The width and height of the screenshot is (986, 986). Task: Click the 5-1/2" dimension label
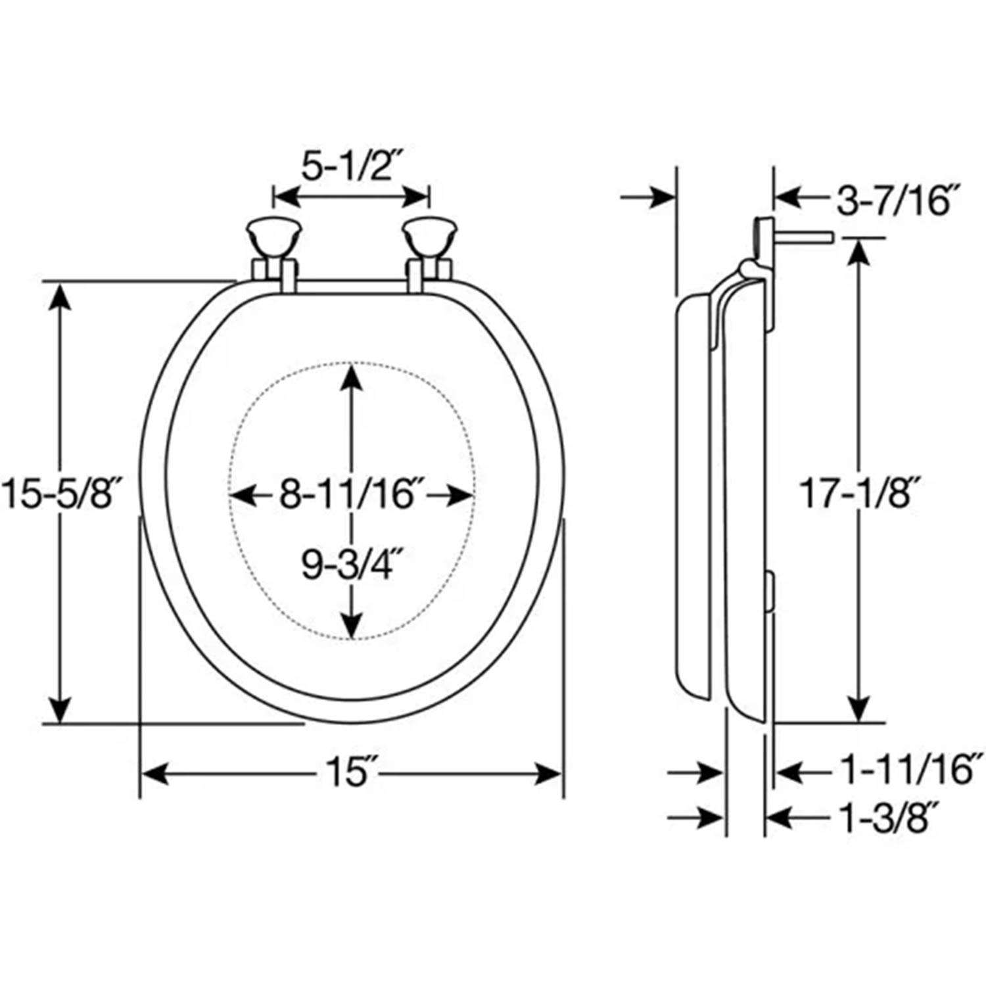coord(351,168)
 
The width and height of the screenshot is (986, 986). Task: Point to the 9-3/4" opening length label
coord(348,564)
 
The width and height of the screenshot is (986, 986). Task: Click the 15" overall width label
coord(348,774)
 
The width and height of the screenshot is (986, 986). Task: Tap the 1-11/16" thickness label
coord(908,770)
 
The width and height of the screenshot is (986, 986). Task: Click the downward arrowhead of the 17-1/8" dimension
coord(857,710)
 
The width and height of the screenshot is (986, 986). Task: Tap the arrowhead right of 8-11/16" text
coord(460,495)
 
